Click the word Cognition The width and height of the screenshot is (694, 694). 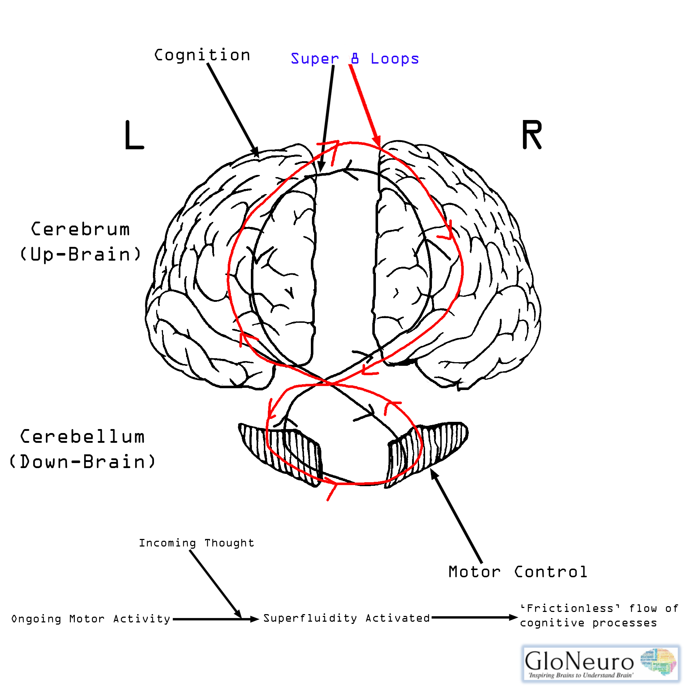[202, 55]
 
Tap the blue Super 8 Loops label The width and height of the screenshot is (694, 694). [355, 59]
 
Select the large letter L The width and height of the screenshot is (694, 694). [134, 135]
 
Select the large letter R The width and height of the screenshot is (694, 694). [532, 135]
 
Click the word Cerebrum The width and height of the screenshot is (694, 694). [80, 229]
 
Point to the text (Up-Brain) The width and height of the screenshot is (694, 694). [80, 254]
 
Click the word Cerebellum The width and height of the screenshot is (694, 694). [82, 437]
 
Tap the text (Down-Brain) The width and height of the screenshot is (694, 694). [82, 462]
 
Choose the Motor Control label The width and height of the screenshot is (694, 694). [518, 572]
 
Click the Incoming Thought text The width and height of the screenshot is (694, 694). [197, 543]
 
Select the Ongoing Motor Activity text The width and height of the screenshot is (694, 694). [91, 619]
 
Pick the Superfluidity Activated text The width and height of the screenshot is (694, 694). [347, 618]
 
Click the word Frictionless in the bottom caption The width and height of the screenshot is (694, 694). [570, 609]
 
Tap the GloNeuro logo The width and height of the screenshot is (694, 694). [600, 663]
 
